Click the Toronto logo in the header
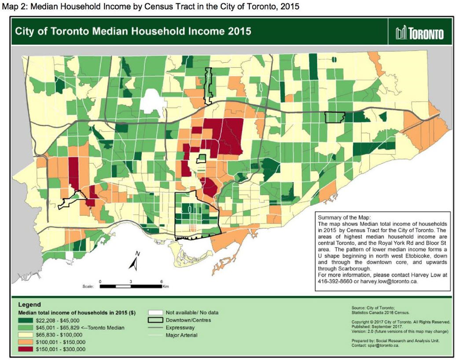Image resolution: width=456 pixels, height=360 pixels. click(x=419, y=33)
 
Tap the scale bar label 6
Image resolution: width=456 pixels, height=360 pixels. click(x=162, y=281)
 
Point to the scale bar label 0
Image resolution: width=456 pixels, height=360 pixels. click(x=100, y=281)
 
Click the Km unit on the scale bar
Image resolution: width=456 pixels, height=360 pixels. click(x=166, y=286)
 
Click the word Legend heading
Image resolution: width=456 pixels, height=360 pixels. click(x=29, y=304)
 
